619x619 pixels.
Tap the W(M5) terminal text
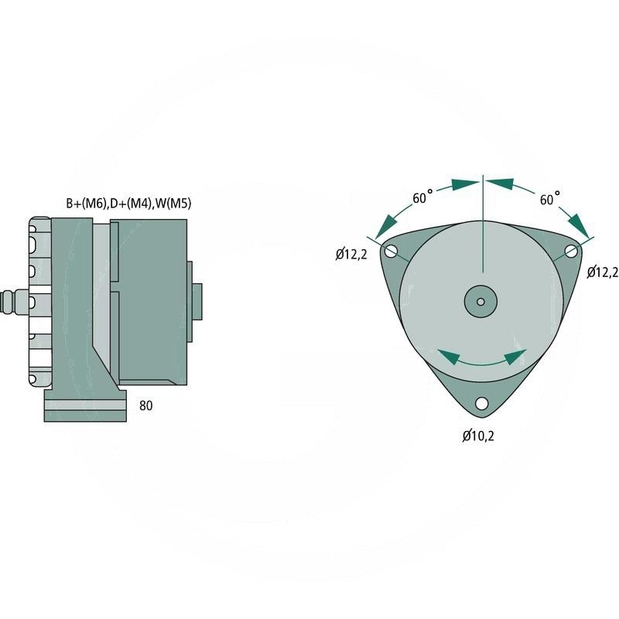pyautogui.click(x=173, y=203)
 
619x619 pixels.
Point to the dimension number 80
pyautogui.click(x=146, y=405)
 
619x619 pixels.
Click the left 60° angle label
pyautogui.click(x=422, y=198)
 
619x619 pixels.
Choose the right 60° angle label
pyautogui.click(x=549, y=199)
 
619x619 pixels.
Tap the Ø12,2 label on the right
pyautogui.click(x=603, y=272)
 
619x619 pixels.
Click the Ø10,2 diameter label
pyautogui.click(x=478, y=436)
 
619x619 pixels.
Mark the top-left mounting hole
pyautogui.click(x=391, y=251)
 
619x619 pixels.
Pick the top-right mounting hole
pyautogui.click(x=571, y=251)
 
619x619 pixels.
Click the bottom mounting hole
pyautogui.click(x=481, y=403)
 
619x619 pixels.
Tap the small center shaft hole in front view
pyautogui.click(x=481, y=300)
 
